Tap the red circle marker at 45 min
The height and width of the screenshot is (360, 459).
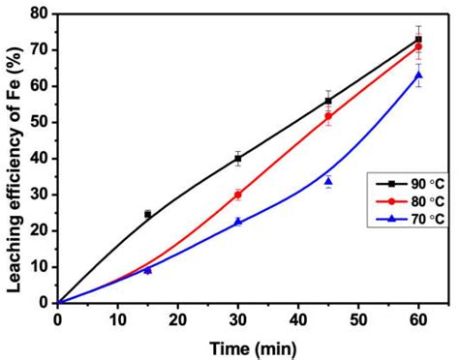click(328, 116)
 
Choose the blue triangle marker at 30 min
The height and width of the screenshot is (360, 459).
click(237, 222)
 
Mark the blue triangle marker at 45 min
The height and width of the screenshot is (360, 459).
click(328, 181)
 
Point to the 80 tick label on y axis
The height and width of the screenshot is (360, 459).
click(41, 14)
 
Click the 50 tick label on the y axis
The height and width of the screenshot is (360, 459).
click(41, 122)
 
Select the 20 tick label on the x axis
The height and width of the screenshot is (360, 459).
click(178, 318)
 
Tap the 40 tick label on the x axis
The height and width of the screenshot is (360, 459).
click(298, 318)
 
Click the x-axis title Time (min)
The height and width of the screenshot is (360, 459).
click(238, 345)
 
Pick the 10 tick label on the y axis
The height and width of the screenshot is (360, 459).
click(41, 266)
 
